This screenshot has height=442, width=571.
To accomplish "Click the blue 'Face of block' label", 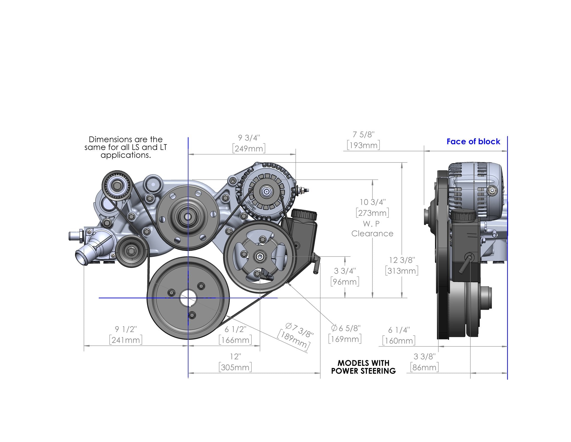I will [473, 142].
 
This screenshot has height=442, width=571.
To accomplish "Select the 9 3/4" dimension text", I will [249, 138].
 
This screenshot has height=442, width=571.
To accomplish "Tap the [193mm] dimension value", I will [363, 145].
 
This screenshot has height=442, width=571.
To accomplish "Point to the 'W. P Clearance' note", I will [372, 229].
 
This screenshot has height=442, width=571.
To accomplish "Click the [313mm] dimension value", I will [401, 271].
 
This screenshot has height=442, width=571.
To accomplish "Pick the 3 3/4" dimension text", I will [345, 271].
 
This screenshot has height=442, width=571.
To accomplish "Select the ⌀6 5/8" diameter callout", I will [346, 328].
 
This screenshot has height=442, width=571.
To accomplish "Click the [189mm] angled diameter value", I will [294, 340].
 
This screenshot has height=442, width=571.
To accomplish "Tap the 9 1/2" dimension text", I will [126, 329].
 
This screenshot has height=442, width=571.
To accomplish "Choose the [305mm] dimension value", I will [235, 367].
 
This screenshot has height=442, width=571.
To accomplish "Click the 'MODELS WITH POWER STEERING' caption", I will [363, 367].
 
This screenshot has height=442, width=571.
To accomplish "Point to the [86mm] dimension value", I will [424, 367].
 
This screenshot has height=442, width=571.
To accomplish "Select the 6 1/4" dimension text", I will [399, 330].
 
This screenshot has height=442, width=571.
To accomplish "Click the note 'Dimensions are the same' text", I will [125, 147].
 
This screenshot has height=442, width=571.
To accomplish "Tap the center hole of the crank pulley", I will [188, 298].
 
